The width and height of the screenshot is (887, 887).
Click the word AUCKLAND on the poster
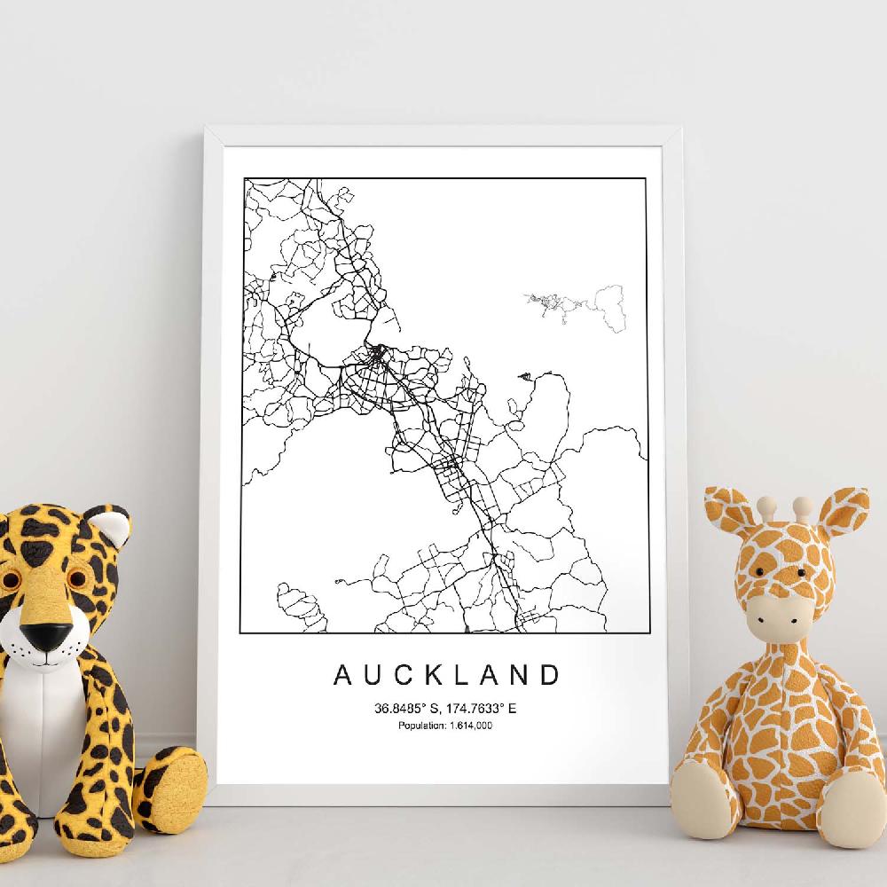point(447,675)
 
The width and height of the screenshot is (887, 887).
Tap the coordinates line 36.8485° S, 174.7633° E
point(445,709)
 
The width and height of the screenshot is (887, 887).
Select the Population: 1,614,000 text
point(445,726)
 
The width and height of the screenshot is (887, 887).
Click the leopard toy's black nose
point(48,636)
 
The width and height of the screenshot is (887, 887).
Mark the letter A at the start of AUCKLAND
point(342,675)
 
